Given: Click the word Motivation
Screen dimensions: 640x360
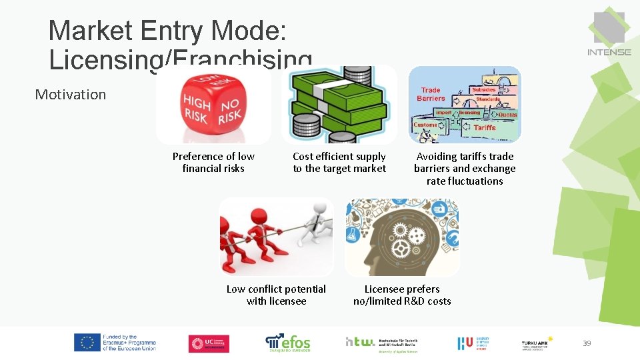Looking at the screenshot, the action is coord(71,95).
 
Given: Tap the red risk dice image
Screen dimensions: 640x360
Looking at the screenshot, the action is coord(213,105).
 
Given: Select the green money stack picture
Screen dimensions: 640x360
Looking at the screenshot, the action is coord(339,105).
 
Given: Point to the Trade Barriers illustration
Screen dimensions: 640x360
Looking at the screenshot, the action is coord(465,105).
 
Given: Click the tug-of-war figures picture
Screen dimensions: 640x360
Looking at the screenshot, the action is coord(276,237).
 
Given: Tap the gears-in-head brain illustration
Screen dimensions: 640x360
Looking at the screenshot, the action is coord(401,237).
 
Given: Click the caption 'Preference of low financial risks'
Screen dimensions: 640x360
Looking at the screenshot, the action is coord(213,162).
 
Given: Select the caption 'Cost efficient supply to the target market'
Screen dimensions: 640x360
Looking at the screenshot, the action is coord(339,162).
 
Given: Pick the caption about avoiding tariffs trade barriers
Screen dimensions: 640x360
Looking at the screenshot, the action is coord(465,168).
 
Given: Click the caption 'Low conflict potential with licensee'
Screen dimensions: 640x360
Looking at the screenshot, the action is coord(276,295).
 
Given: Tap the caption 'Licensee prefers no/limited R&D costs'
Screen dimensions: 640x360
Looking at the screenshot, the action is coord(402,295).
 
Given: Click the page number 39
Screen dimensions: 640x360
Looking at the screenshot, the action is coord(587,343).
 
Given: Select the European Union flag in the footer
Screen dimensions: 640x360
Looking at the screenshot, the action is coord(87,343).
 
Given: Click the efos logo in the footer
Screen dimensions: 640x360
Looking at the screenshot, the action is coord(288,343).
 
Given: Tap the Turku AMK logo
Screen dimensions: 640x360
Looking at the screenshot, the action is coord(537,343).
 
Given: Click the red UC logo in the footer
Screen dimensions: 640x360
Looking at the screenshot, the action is coord(209,343).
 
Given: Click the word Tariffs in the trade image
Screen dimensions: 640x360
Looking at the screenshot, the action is coord(485,127).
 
